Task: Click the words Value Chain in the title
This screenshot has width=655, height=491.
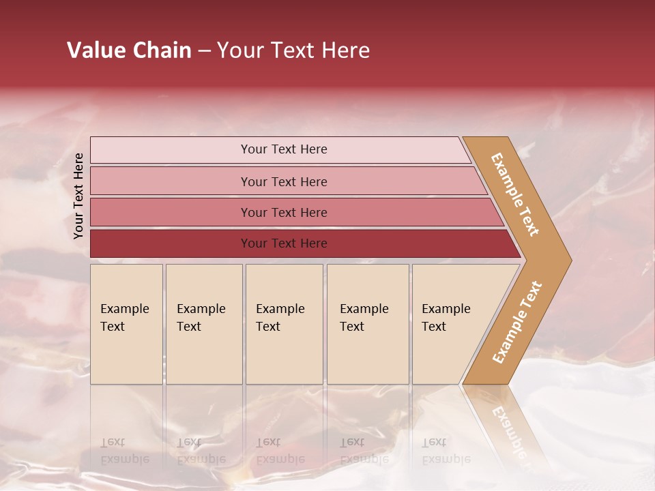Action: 129,50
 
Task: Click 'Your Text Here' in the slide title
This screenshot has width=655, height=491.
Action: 293,50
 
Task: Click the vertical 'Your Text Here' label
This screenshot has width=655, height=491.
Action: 78,196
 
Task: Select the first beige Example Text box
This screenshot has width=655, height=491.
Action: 126,324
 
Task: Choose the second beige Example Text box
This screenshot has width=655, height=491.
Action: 203,324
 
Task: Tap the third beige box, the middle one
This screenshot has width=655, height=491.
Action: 284,324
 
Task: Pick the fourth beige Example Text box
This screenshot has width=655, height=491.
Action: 367,324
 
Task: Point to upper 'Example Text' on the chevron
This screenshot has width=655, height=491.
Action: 515,194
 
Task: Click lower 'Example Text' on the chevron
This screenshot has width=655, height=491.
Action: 517,323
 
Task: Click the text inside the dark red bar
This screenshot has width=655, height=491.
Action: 284,243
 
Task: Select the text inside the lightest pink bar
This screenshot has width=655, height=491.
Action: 284,149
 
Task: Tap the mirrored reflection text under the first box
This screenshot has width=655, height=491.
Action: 124,451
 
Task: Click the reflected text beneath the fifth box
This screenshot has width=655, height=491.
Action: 446,451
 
